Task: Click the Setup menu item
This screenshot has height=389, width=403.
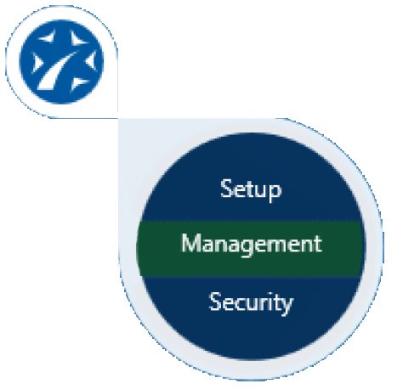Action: click(x=251, y=189)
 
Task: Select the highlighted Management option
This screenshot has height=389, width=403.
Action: click(x=252, y=244)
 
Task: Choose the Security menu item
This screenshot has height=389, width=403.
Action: click(x=251, y=302)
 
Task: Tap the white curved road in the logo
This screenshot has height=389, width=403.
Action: click(x=57, y=70)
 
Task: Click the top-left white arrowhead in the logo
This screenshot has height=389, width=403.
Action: click(x=48, y=37)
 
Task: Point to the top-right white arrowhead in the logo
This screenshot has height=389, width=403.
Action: click(x=77, y=38)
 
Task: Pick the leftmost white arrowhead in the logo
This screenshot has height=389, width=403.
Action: click(x=37, y=62)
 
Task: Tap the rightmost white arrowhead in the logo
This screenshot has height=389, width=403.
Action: click(x=91, y=60)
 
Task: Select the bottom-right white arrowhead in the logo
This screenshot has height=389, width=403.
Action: click(x=78, y=84)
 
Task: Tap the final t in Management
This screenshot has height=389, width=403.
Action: click(x=318, y=244)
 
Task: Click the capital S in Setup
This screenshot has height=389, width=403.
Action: click(x=227, y=188)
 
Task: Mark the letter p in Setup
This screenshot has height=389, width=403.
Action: click(x=275, y=193)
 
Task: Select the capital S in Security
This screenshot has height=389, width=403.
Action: click(x=215, y=302)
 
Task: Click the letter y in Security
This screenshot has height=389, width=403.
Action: click(x=287, y=306)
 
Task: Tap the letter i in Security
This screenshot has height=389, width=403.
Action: click(x=270, y=302)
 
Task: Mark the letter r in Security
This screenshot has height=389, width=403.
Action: click(x=263, y=304)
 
